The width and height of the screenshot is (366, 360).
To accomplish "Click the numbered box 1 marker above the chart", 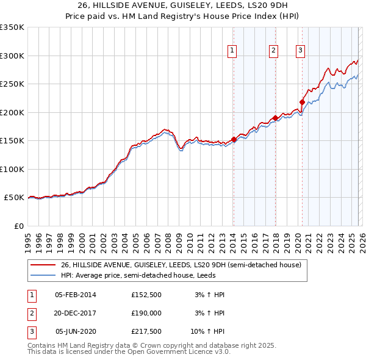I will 233,51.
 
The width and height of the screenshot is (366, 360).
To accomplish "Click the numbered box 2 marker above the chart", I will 274,51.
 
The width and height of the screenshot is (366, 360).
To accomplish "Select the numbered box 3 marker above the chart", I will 301,51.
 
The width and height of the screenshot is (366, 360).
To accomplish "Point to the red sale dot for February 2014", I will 234,140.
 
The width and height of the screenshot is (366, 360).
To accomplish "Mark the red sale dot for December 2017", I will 275,118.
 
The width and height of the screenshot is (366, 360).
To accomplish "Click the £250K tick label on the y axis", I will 12,84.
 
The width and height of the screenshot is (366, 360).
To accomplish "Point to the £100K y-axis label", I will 12,169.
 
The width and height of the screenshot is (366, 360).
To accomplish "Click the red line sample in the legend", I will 43,265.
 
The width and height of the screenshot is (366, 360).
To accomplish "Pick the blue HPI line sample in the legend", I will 43,275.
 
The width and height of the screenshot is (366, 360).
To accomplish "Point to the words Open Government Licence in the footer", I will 178,352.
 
